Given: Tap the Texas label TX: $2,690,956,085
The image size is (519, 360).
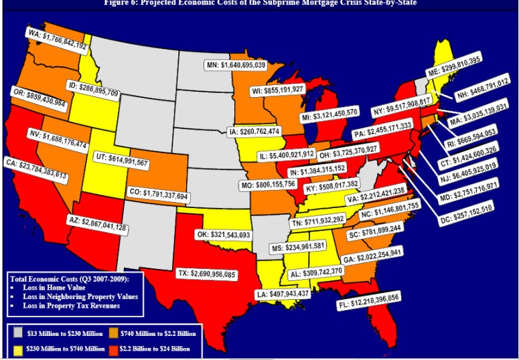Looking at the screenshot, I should (x=196, y=274).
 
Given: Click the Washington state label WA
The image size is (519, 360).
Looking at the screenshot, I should (x=57, y=39).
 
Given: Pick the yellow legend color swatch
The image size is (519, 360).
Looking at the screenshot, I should (x=18, y=349).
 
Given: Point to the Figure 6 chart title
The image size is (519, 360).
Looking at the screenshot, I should (x=260, y=3).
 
